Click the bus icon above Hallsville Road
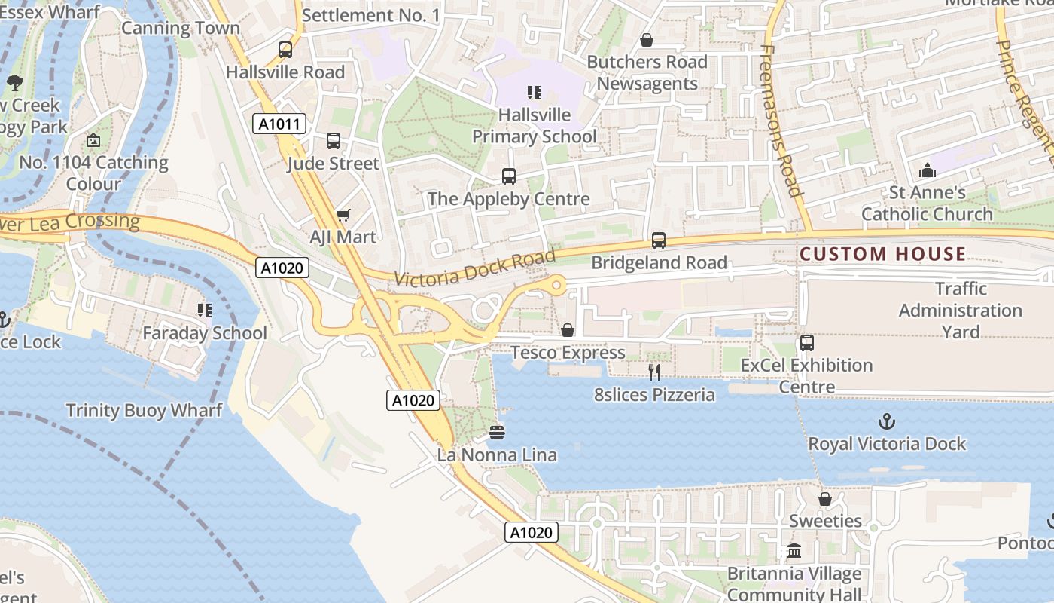point(285,50)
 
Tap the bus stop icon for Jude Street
point(334,141)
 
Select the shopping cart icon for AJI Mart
point(343,216)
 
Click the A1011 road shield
point(279,124)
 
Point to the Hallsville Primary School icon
point(535,93)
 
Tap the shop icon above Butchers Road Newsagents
point(646,40)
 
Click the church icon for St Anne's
point(928,170)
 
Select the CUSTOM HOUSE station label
point(882,254)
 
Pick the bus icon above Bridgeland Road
point(659,240)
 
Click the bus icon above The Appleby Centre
point(509,176)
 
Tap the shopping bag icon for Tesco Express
point(568,330)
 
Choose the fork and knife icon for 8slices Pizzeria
point(654,372)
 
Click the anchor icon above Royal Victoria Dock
point(887,421)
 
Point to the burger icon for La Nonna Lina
point(496,433)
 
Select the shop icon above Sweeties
point(825,499)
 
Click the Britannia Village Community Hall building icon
point(794,551)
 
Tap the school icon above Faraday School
point(204,310)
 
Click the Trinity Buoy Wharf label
point(144,410)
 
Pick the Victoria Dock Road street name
point(474,268)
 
